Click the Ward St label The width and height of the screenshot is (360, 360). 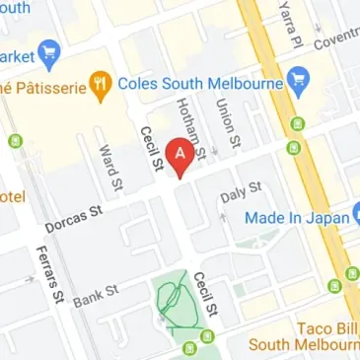tap(109, 168)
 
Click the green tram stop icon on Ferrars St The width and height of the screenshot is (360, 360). tap(14, 141)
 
